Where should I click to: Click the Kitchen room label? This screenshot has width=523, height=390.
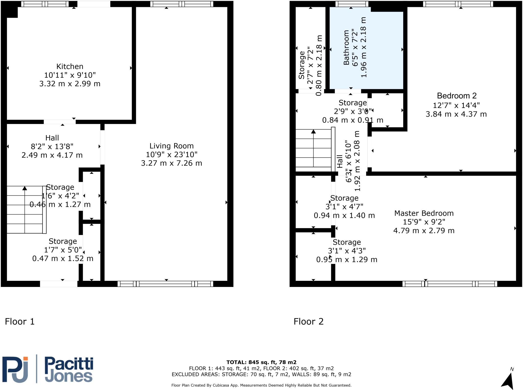click(x=70, y=66)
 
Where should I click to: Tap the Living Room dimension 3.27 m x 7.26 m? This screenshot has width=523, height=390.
click(x=171, y=163)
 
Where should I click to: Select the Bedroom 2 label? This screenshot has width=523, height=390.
click(x=457, y=96)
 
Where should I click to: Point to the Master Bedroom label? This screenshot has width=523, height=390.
click(x=424, y=213)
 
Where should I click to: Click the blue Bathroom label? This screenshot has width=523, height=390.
click(x=346, y=48)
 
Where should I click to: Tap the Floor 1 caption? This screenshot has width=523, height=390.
click(x=20, y=321)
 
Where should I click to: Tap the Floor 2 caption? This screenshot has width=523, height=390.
click(x=308, y=321)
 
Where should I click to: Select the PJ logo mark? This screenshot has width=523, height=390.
click(x=15, y=370)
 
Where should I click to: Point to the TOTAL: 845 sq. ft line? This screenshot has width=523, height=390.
click(x=261, y=362)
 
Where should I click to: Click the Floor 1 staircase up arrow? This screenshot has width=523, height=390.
click(x=25, y=188)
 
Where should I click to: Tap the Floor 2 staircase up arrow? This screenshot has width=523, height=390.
click(x=313, y=132)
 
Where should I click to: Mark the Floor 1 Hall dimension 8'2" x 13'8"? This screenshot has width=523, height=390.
click(x=52, y=147)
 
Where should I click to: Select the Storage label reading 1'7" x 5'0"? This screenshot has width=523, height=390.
click(x=63, y=250)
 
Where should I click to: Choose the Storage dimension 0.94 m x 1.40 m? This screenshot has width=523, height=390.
click(x=344, y=216)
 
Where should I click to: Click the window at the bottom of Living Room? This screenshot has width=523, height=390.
click(x=165, y=284)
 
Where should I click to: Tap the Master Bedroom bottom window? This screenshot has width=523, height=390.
click(x=450, y=284)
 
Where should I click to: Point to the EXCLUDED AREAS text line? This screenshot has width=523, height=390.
click(x=261, y=374)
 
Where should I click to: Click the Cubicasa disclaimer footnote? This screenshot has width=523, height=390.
click(x=261, y=385)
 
